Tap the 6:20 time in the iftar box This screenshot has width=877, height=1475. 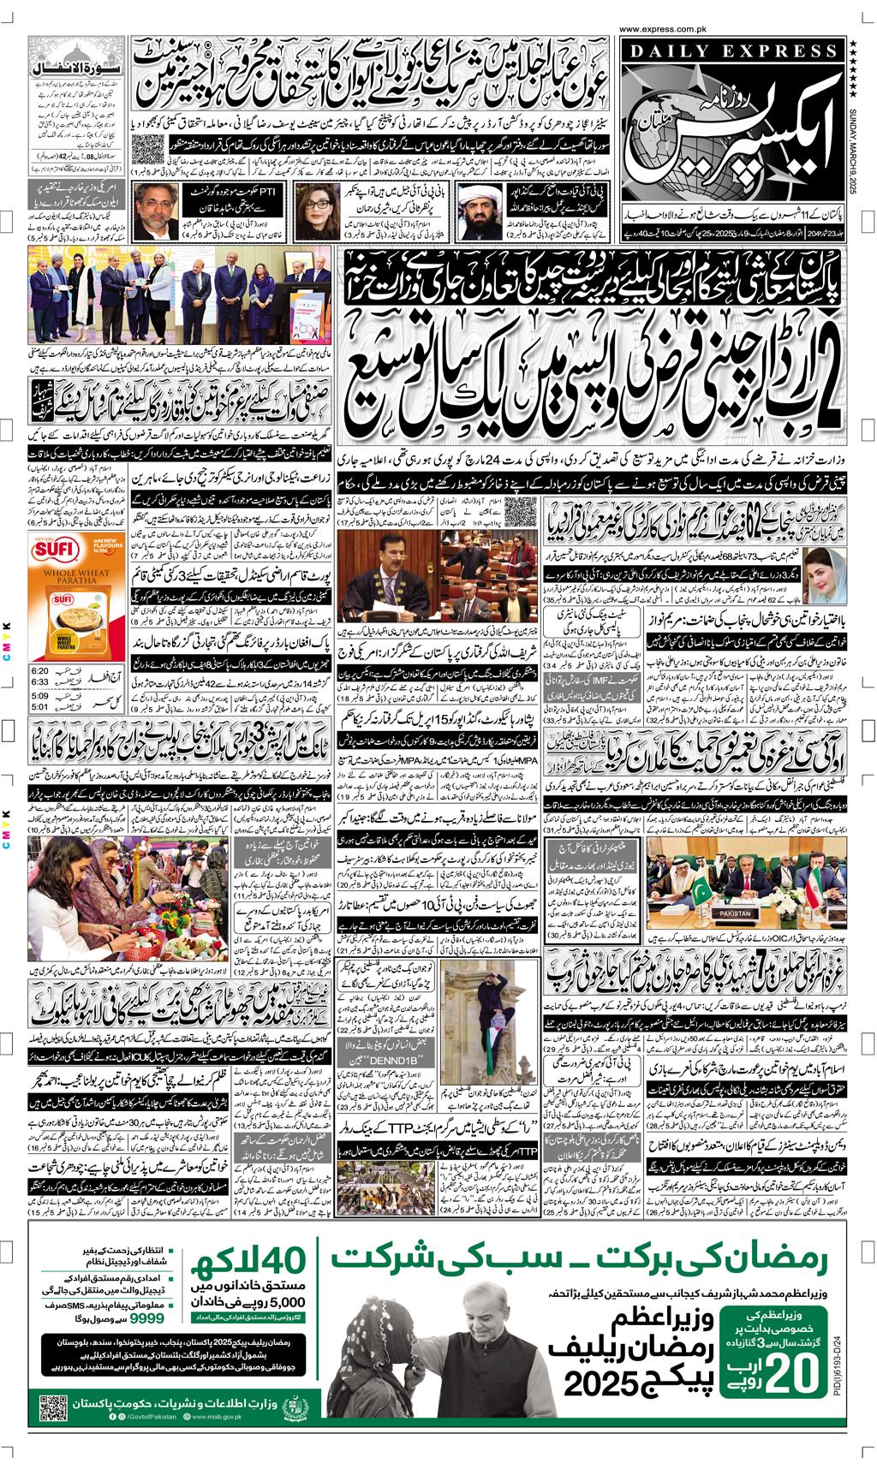tap(39, 669)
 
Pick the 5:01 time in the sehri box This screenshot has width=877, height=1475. tap(39, 706)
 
